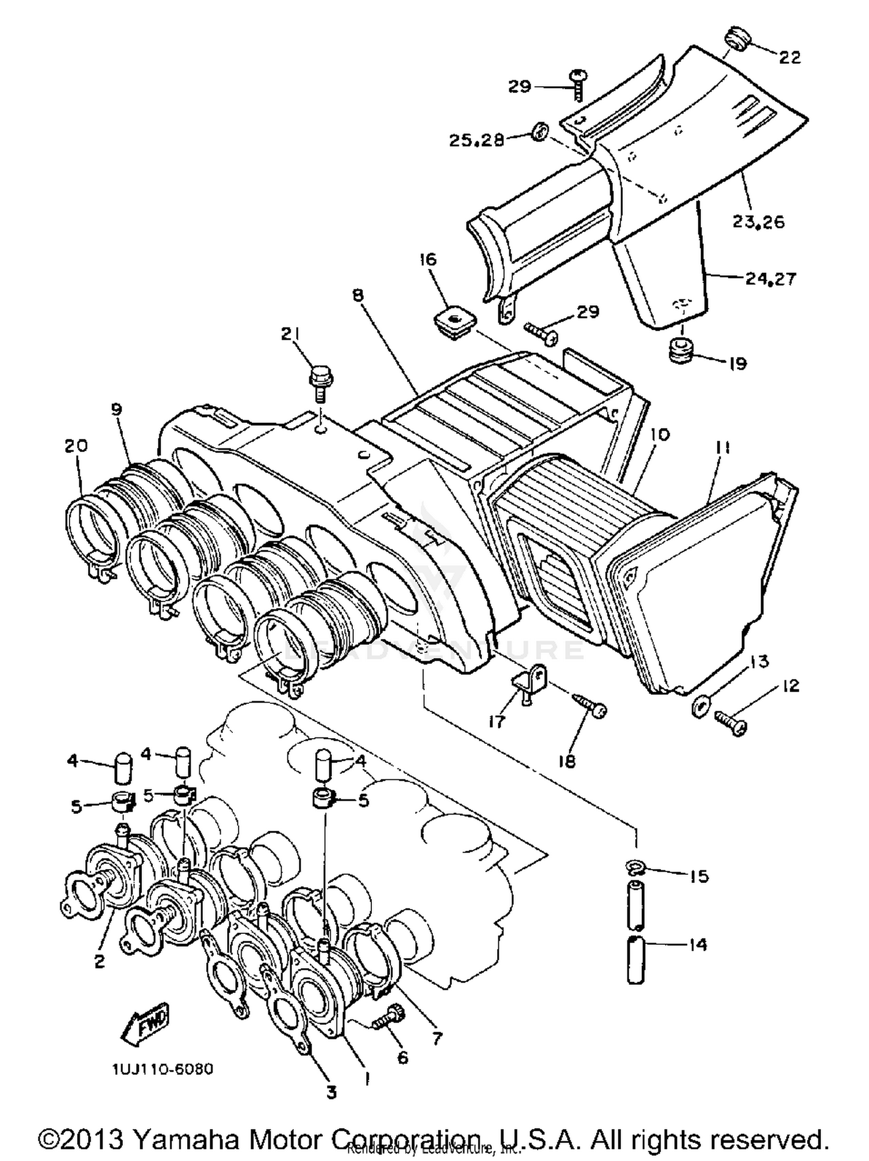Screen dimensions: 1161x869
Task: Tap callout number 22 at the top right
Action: point(789,57)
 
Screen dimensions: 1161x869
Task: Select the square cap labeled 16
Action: point(454,322)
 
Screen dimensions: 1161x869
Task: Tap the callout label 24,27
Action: point(771,279)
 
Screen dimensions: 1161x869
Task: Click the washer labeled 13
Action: point(701,707)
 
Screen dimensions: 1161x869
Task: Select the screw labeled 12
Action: point(731,722)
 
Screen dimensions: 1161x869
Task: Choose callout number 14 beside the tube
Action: point(699,944)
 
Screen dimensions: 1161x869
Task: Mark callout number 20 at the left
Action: point(76,446)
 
